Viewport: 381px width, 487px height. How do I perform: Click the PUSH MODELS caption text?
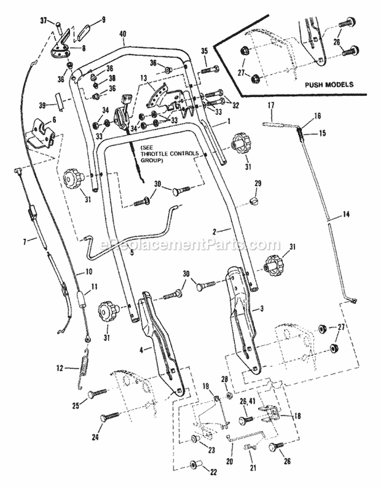(x=328, y=85)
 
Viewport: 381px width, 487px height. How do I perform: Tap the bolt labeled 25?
(x=99, y=394)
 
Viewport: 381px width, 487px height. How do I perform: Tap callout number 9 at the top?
(x=103, y=21)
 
